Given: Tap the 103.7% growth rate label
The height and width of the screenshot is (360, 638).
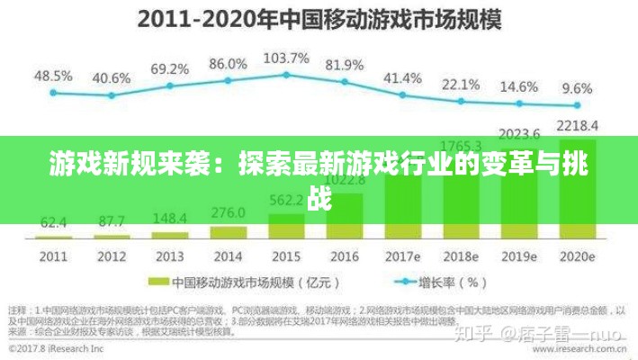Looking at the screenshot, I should tap(286, 58).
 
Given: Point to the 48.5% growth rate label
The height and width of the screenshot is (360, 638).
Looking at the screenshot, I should tap(53, 75).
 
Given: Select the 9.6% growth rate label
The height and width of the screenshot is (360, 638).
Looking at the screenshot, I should tap(577, 88).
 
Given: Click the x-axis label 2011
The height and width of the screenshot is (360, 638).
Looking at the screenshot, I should tap(53, 255).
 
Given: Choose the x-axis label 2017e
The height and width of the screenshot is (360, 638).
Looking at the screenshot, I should tap(403, 255).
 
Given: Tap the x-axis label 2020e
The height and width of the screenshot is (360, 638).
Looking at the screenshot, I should tap(577, 255).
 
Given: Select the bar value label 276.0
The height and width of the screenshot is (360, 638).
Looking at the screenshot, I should tap(228, 213).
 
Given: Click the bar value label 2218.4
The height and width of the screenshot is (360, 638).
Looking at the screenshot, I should tap(577, 124).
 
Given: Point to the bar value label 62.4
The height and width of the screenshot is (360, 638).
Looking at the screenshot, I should tap(53, 220).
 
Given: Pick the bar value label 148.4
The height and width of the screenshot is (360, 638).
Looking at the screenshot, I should tap(169, 218).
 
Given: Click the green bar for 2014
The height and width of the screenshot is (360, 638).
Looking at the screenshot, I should tap(228, 231).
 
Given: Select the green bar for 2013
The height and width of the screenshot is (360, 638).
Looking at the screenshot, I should tap(169, 234).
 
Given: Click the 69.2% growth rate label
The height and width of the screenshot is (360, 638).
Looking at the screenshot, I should tap(169, 68).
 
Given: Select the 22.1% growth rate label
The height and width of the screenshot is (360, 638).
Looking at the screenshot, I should tap(460, 85).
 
